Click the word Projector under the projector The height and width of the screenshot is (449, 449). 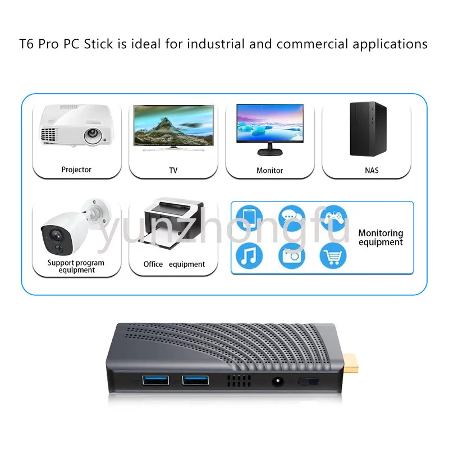tap(76, 170)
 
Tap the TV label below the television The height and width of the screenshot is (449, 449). tap(173, 171)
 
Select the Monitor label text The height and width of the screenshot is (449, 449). tap(269, 171)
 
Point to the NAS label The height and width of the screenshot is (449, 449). tap(372, 171)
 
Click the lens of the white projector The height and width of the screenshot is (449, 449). tap(93, 135)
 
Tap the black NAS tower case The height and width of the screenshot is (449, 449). tap(368, 129)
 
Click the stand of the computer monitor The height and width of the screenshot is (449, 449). tap(270, 150)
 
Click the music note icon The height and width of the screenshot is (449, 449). tap(249, 255)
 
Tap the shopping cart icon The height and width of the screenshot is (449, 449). tap(333, 255)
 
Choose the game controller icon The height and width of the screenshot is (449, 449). tap(333, 218)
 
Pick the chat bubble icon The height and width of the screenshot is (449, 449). tap(291, 218)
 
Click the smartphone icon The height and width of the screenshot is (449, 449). tap(249, 218)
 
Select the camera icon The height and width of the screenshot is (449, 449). tap(291, 255)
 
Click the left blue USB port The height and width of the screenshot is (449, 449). tap(155, 381)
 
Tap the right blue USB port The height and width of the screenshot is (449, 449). tap(195, 381)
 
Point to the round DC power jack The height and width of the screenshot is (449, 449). tap(277, 382)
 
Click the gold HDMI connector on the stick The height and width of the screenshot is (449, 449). tap(350, 363)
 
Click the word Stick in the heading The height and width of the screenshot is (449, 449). tap(98, 44)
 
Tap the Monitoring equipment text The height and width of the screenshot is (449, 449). tap(381, 237)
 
